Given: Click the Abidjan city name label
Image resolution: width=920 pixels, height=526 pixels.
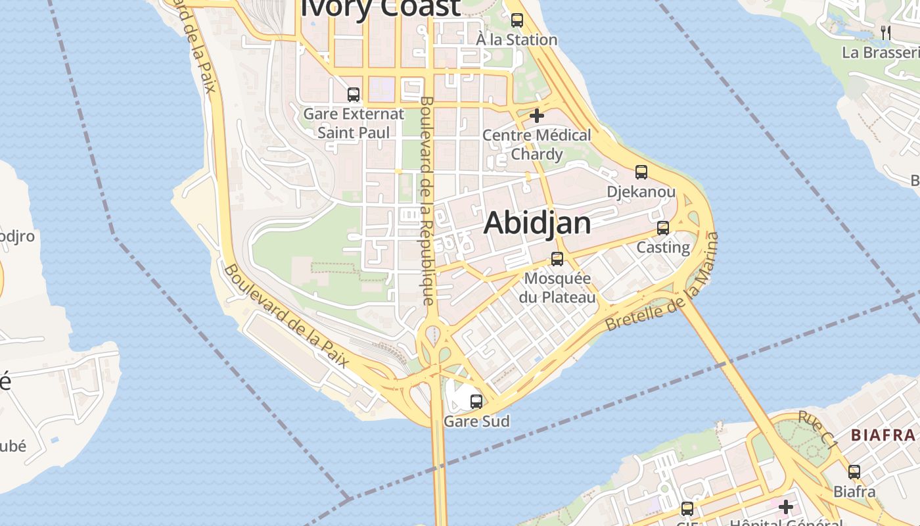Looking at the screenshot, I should (x=537, y=224).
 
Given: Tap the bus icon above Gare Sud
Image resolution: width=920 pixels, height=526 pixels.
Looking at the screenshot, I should (x=476, y=400).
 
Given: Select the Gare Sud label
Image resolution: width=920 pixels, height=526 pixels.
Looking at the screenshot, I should (x=476, y=421).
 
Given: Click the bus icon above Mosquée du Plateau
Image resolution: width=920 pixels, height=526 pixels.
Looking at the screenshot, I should (x=557, y=258).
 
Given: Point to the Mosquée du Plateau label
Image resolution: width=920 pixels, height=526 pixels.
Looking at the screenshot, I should (x=557, y=288).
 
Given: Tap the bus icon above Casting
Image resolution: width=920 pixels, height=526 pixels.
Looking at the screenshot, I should (x=663, y=228).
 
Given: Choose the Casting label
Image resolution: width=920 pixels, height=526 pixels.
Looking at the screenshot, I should (x=663, y=248).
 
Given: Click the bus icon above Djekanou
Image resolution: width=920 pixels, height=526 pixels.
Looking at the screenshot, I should (x=641, y=172).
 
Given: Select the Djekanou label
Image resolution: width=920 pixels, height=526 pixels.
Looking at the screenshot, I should (x=641, y=192).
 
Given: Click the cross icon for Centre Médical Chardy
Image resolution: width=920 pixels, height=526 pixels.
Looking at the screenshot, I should (x=537, y=116).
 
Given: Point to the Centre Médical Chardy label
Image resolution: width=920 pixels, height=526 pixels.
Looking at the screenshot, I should (x=537, y=145).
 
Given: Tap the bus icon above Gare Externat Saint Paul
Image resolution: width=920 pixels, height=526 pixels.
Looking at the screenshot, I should (x=354, y=94).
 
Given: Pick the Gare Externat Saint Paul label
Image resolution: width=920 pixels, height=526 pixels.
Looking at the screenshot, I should (x=354, y=123).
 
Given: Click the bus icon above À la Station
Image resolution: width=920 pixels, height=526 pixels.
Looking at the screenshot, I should (x=517, y=20).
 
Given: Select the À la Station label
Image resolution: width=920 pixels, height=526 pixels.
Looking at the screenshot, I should (x=517, y=40).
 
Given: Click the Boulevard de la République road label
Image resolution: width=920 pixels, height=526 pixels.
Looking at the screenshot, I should (x=426, y=201).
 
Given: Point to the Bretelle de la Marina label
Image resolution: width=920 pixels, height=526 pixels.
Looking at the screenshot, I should (x=662, y=285).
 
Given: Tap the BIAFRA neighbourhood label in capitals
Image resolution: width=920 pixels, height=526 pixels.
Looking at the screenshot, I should (x=883, y=435).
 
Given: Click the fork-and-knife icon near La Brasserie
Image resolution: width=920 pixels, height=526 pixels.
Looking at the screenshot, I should (x=886, y=32).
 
